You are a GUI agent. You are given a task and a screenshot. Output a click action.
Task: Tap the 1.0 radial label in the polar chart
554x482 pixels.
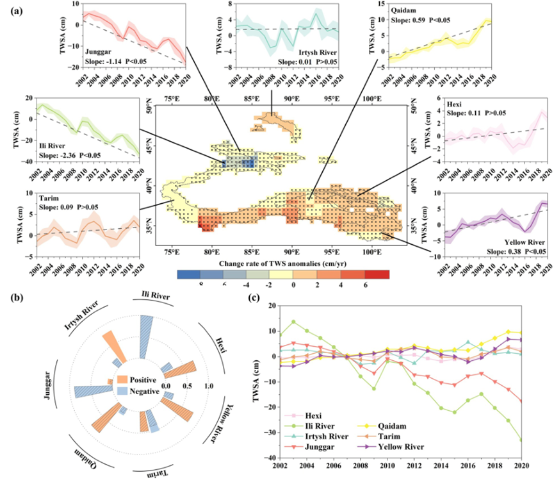[208, 386]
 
